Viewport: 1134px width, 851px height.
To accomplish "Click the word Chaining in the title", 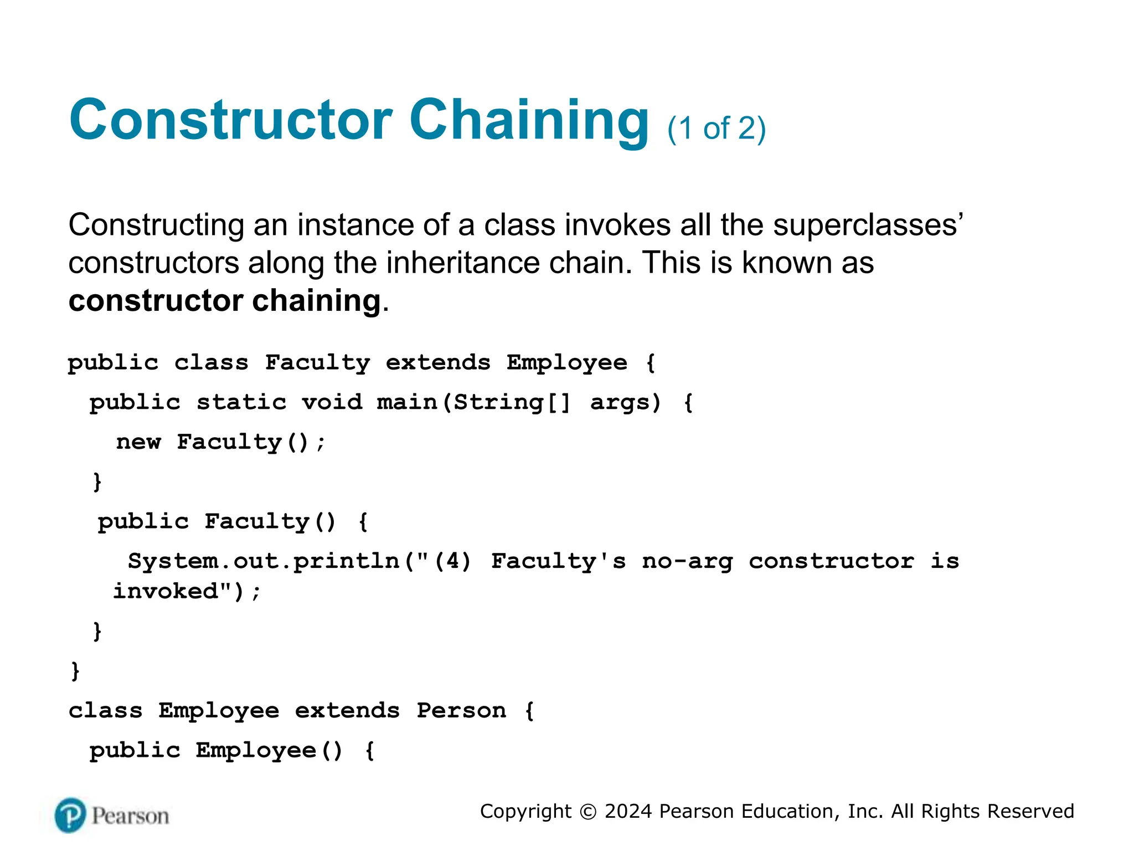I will [x=529, y=120].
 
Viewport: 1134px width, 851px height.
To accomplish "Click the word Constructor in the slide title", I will [x=231, y=120].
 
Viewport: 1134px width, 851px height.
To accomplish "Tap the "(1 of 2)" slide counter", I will [x=717, y=129].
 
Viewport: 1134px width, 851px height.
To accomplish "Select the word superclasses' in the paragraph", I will [x=868, y=225].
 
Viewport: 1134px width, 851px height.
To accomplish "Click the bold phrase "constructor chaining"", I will [x=225, y=301].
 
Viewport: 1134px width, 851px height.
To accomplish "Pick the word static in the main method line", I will [x=242, y=402].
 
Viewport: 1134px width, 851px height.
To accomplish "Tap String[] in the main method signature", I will [x=512, y=402].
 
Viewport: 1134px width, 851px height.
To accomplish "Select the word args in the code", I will [x=625, y=402].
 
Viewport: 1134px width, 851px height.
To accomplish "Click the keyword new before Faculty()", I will [x=138, y=442].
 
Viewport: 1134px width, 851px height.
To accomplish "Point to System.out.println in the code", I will [x=264, y=561].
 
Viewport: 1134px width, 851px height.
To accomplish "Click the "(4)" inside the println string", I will [x=452, y=561].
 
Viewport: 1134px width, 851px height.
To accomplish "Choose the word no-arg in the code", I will [x=687, y=561].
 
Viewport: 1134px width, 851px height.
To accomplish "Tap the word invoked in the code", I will [x=166, y=591].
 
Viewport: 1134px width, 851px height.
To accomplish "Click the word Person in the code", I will [x=461, y=710].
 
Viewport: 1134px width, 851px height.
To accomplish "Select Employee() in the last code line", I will [x=269, y=751].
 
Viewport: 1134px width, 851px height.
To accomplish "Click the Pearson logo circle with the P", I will [x=70, y=815].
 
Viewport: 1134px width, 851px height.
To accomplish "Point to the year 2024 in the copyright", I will [x=629, y=812].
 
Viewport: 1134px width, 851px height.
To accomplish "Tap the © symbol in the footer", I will [x=588, y=812].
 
